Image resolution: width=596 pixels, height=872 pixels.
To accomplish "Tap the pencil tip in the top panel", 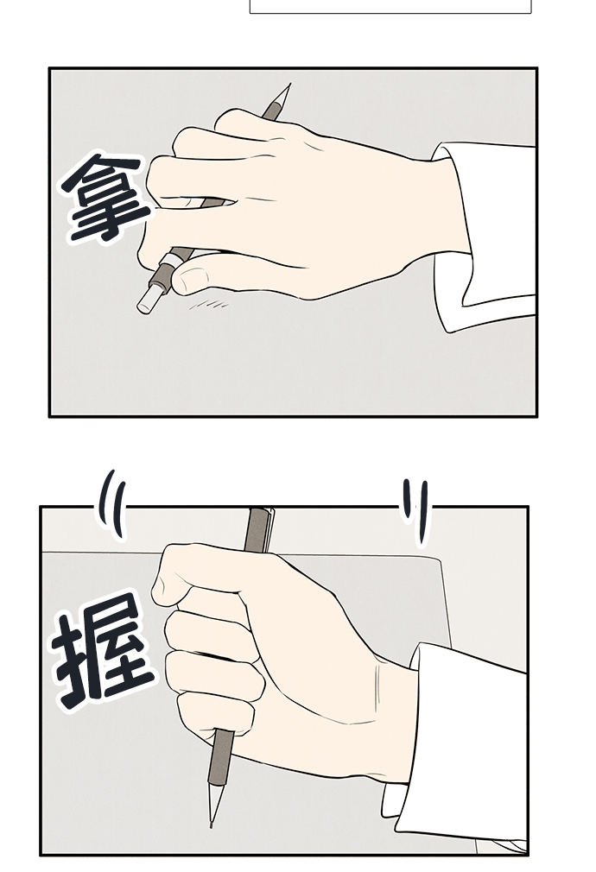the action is click(x=289, y=85).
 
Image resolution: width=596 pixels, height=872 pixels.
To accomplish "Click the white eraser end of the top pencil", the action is click(x=146, y=300).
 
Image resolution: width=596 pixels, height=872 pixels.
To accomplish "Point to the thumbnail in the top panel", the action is click(x=190, y=277).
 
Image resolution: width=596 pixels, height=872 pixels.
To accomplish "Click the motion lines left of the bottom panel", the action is click(x=111, y=504).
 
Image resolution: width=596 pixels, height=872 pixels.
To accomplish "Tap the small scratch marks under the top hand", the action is click(x=209, y=304).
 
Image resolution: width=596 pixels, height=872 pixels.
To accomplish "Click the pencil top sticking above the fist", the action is click(x=259, y=529).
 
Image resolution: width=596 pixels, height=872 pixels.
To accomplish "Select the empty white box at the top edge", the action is click(x=390, y=6).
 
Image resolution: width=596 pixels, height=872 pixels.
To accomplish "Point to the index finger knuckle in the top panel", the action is click(x=234, y=118).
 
